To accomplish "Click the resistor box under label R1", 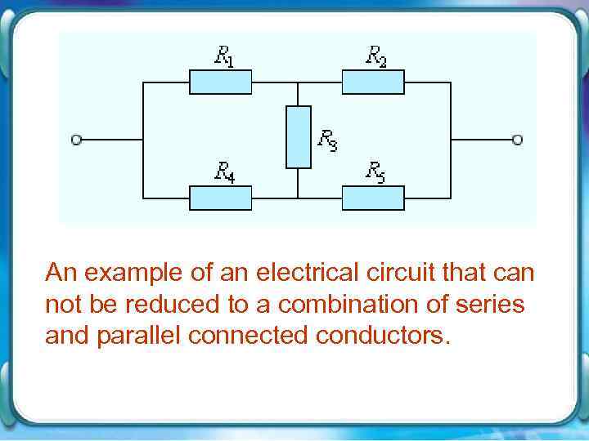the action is (x=221, y=82).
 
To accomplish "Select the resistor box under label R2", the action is (x=373, y=82).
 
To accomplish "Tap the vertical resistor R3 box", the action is (x=298, y=137).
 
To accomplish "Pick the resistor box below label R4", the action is (x=221, y=198).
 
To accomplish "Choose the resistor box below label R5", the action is (x=373, y=198).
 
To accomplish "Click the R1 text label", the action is (x=223, y=56).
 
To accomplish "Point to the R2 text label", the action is (x=375, y=56).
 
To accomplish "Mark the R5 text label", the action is (x=375, y=171).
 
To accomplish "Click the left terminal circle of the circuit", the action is (x=76, y=140).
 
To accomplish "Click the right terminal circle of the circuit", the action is (x=517, y=140).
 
